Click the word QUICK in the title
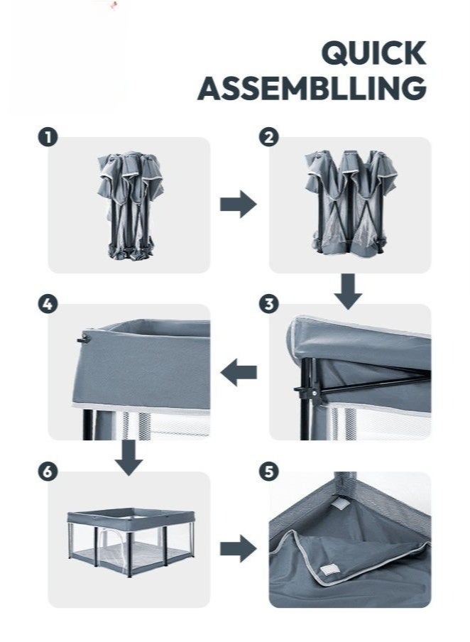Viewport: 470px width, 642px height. click(373, 53)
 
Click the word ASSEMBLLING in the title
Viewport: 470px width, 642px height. click(312, 88)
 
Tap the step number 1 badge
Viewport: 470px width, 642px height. click(48, 137)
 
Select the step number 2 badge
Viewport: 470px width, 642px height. click(268, 137)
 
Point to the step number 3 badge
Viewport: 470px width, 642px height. click(268, 304)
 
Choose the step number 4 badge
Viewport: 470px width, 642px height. click(48, 304)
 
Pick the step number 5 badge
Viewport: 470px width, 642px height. click(268, 472)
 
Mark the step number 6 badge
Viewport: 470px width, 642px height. click(48, 472)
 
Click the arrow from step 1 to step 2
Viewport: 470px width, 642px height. click(239, 204)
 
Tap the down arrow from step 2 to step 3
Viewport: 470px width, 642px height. click(348, 291)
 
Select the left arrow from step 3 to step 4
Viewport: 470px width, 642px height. click(239, 372)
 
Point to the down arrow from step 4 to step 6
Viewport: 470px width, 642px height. click(129, 458)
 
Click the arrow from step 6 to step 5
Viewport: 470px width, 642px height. click(239, 548)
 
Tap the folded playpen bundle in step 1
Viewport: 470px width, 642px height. click(130, 206)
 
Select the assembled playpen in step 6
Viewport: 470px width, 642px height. click(131, 542)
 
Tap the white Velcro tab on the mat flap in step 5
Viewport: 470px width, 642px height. click(327, 570)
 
